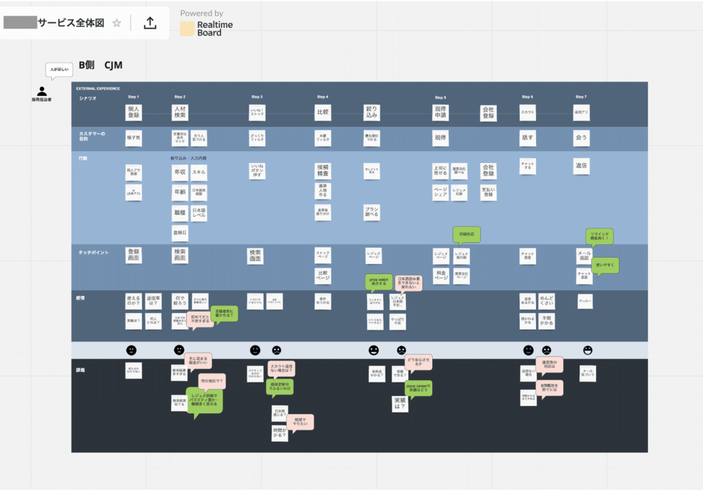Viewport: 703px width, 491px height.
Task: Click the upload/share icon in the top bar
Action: (150, 23)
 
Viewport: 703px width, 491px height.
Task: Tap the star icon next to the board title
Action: (117, 23)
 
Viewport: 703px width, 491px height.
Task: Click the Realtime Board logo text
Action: (214, 29)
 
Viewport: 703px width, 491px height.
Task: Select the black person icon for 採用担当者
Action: (42, 91)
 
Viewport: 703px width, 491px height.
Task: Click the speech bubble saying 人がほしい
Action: (59, 70)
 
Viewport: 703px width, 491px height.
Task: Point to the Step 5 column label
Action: (441, 97)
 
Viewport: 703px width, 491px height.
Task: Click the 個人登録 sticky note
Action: (134, 112)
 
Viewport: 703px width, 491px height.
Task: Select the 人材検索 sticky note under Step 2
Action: (180, 112)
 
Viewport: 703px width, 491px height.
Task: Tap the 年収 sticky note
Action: (180, 173)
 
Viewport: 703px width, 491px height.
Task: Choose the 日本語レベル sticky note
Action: (199, 213)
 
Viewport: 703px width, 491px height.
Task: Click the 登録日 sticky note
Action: (180, 233)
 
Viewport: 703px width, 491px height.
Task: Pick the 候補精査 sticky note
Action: (323, 171)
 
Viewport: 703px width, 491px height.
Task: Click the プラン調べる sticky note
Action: (371, 212)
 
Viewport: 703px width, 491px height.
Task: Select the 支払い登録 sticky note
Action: (489, 192)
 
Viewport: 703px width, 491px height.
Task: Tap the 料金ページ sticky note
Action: (441, 275)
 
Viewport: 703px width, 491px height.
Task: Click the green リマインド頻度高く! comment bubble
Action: (599, 236)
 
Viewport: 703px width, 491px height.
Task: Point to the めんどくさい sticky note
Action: (547, 301)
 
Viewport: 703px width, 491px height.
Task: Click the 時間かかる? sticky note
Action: (280, 433)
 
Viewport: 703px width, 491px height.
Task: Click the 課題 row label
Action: (81, 370)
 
